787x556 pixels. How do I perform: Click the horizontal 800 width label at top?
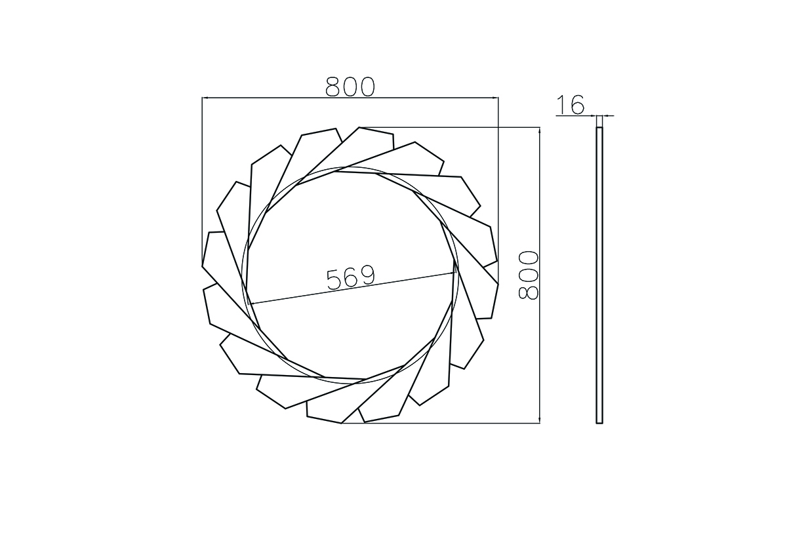tap(350, 87)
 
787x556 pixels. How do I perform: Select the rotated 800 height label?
tap(529, 275)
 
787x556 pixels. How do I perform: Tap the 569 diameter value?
tap(351, 279)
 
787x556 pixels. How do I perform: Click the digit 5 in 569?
tap(334, 279)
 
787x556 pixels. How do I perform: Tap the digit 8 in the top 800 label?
tap(333, 87)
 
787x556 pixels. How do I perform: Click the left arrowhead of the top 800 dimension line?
tap(205, 98)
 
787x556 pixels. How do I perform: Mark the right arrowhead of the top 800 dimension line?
tap(496, 98)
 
